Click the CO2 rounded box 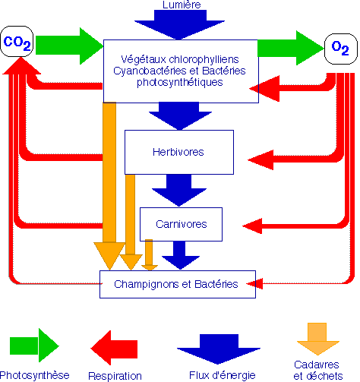point(17,41)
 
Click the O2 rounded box point(341,49)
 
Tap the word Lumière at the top point(182,5)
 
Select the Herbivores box point(179,152)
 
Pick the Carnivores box point(181,224)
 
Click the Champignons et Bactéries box point(178,284)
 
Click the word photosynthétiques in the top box point(180,83)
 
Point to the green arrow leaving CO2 point(69,46)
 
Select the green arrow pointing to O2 point(291,48)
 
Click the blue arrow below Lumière point(179,24)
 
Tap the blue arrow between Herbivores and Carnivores point(179,190)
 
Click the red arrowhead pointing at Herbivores point(261,159)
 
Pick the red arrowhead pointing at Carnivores point(253,226)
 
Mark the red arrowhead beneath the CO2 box point(21,66)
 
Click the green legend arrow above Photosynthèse point(34,346)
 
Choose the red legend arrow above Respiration point(114,348)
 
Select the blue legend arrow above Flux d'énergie point(219,349)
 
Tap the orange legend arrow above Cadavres point(317,339)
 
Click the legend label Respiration point(115,376)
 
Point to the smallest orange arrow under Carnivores point(150,254)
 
